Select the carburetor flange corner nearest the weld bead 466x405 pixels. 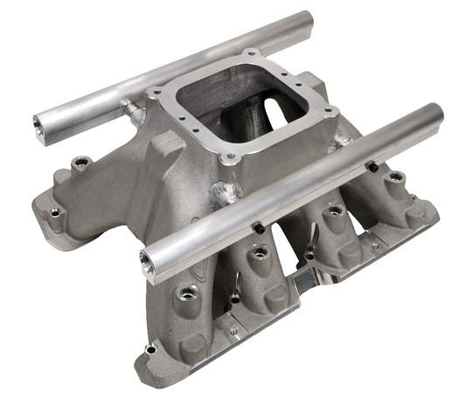click(x=229, y=157)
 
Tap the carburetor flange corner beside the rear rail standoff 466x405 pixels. click(x=156, y=92)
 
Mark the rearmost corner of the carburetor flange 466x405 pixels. click(x=250, y=53)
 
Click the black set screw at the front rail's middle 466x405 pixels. click(x=259, y=227)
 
